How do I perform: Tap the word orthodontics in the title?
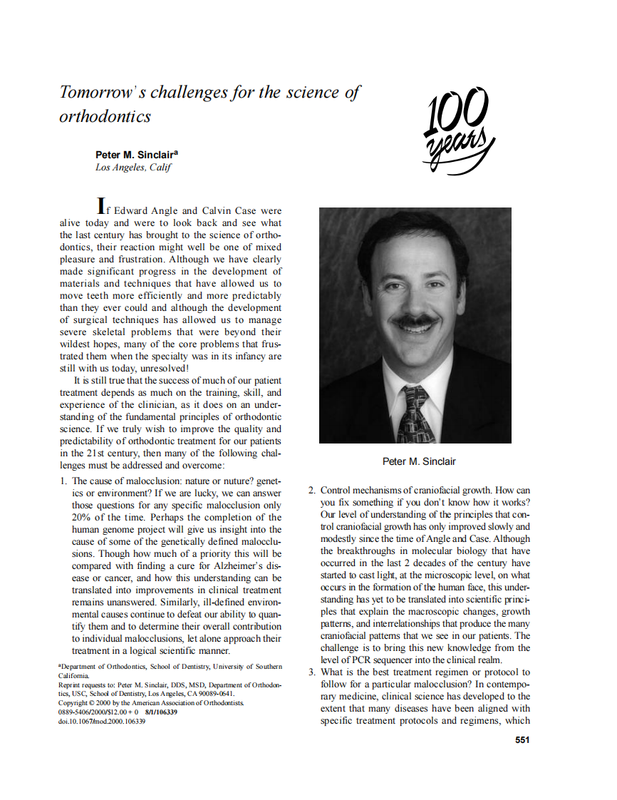pos(105,116)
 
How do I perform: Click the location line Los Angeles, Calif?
pos(133,168)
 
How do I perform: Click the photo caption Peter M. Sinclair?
pos(419,461)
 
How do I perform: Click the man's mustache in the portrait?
pos(416,322)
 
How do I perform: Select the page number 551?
pos(522,739)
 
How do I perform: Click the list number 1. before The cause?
pos(64,481)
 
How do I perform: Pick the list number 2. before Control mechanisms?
pos(312,491)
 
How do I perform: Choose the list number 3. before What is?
pos(312,672)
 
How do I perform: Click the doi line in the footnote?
pos(102,722)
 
